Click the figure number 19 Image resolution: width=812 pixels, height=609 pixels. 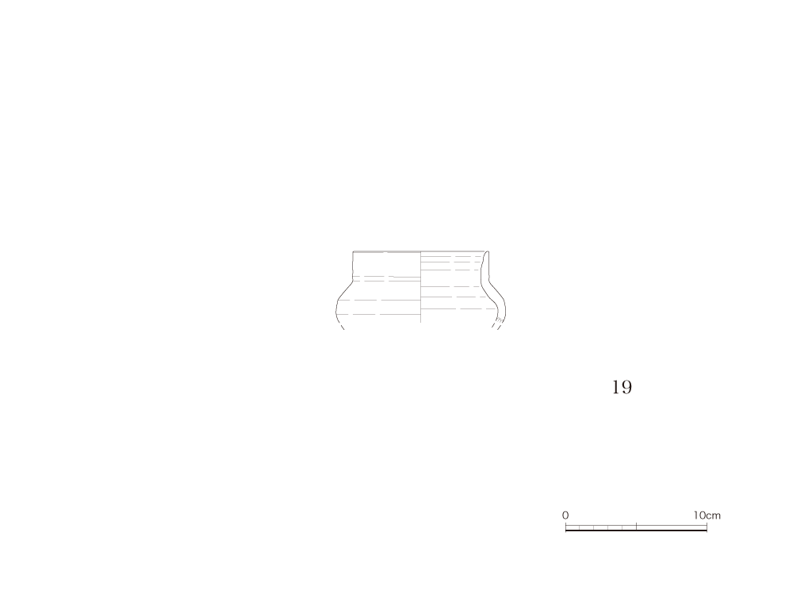622,387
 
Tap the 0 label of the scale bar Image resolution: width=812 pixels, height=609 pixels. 565,515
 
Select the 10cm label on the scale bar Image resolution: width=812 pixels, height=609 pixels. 707,515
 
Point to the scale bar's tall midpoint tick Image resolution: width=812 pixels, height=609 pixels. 636,527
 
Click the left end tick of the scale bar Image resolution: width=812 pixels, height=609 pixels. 565,527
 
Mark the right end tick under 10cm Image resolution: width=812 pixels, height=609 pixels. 707,527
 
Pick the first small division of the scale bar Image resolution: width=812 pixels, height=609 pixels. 573,527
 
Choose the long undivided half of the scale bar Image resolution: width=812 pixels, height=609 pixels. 671,527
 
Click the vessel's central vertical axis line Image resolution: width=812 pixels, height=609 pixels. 420,287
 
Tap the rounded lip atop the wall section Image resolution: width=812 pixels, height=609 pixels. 487,253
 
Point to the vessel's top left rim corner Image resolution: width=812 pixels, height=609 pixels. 353,251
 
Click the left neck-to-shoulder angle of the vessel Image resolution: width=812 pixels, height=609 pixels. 353,282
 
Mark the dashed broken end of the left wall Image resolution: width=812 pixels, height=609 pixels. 341,326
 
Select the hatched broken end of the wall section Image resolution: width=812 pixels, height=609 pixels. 496,324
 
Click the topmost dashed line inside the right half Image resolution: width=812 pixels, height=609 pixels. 451,256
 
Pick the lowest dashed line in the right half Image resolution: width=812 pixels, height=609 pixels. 453,308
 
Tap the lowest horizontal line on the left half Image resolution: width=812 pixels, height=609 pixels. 378,314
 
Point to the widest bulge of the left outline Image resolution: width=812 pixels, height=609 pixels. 336,311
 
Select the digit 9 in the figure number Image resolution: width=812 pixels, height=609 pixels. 626,387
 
